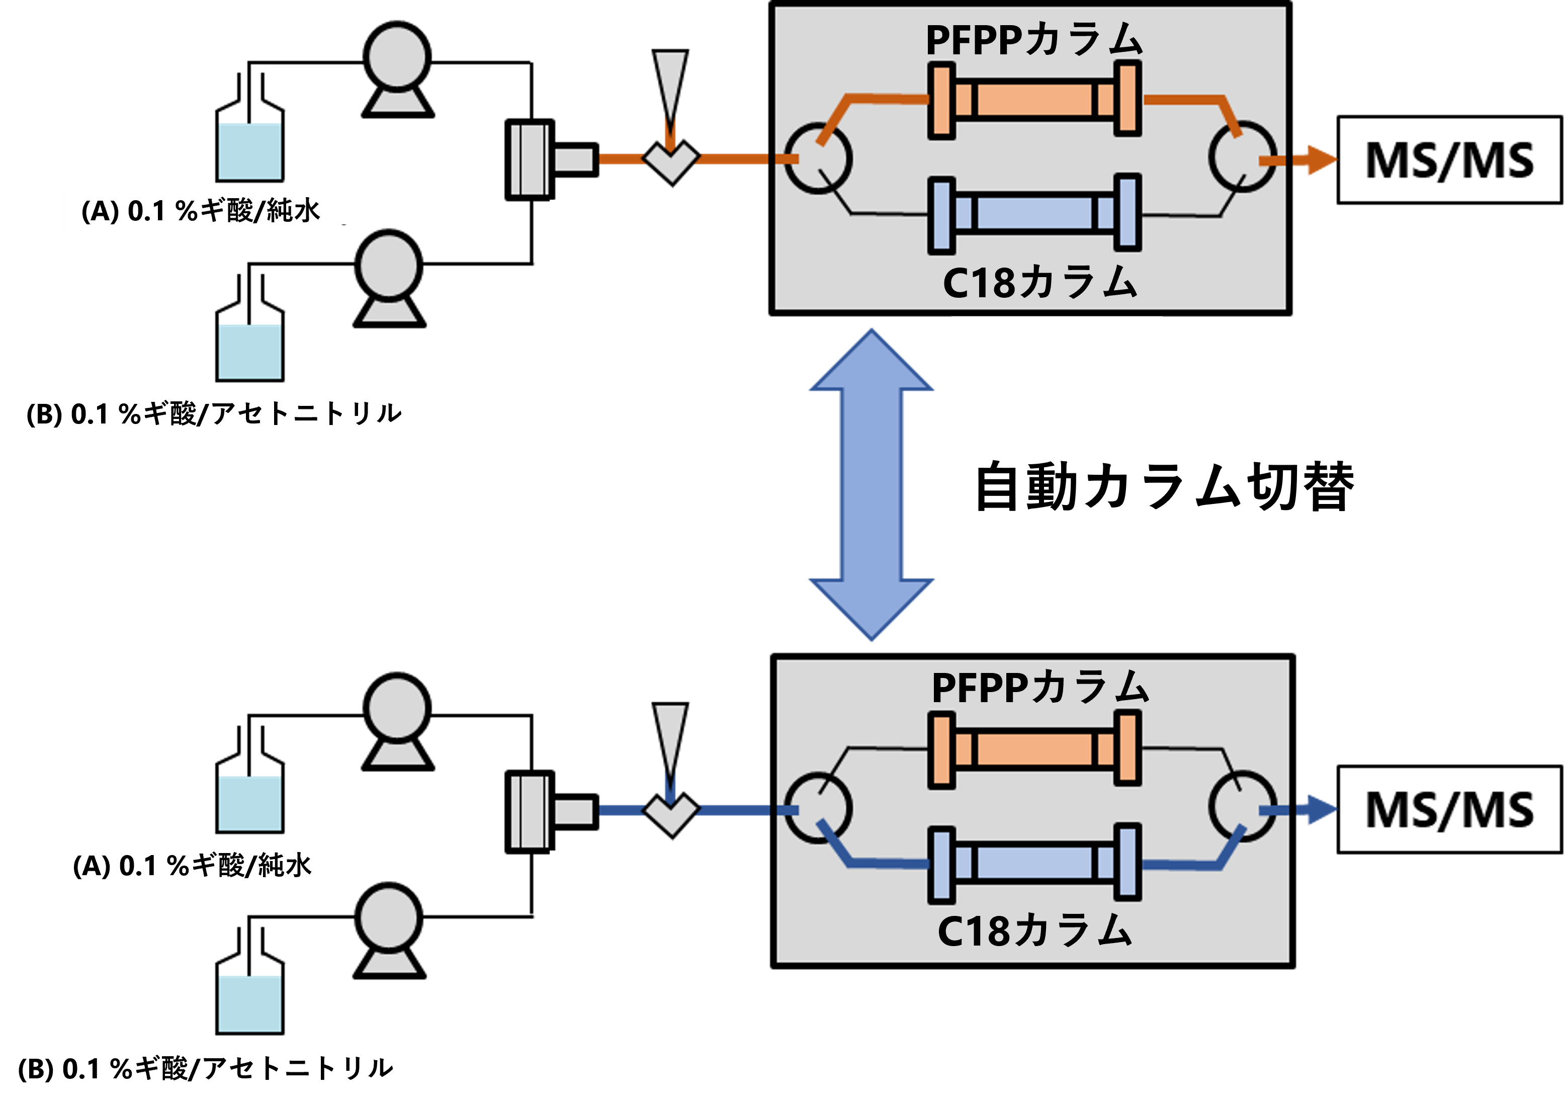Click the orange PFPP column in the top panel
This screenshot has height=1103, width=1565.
[1034, 100]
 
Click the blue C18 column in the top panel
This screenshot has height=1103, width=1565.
[1034, 213]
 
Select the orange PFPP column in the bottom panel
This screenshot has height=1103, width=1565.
[1034, 748]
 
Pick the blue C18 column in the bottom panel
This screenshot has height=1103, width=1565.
[1034, 863]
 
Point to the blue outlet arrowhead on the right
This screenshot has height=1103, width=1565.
[1321, 810]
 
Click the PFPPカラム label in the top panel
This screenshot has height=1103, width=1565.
[1033, 40]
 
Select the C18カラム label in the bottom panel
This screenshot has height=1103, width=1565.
[1034, 930]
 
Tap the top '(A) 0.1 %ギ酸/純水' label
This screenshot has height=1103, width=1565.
[201, 211]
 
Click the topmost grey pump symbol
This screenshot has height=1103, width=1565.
[397, 68]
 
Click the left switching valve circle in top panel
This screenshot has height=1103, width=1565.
[817, 158]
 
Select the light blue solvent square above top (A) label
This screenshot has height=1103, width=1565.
[249, 151]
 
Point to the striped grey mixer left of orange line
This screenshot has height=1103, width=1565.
[530, 159]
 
